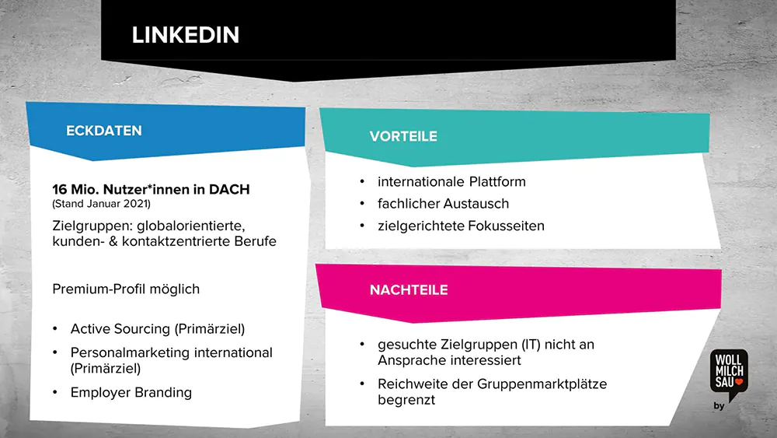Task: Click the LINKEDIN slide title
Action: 186,35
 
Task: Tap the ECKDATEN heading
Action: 104,131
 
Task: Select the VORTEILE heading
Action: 403,136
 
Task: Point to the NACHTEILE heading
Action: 409,289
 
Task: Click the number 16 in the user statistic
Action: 60,189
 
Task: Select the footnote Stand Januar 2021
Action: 102,204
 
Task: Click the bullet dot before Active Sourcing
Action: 55,328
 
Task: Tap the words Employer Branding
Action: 131,392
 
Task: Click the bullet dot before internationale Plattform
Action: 362,181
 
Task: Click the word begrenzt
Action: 406,400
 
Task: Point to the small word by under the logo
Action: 719,406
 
